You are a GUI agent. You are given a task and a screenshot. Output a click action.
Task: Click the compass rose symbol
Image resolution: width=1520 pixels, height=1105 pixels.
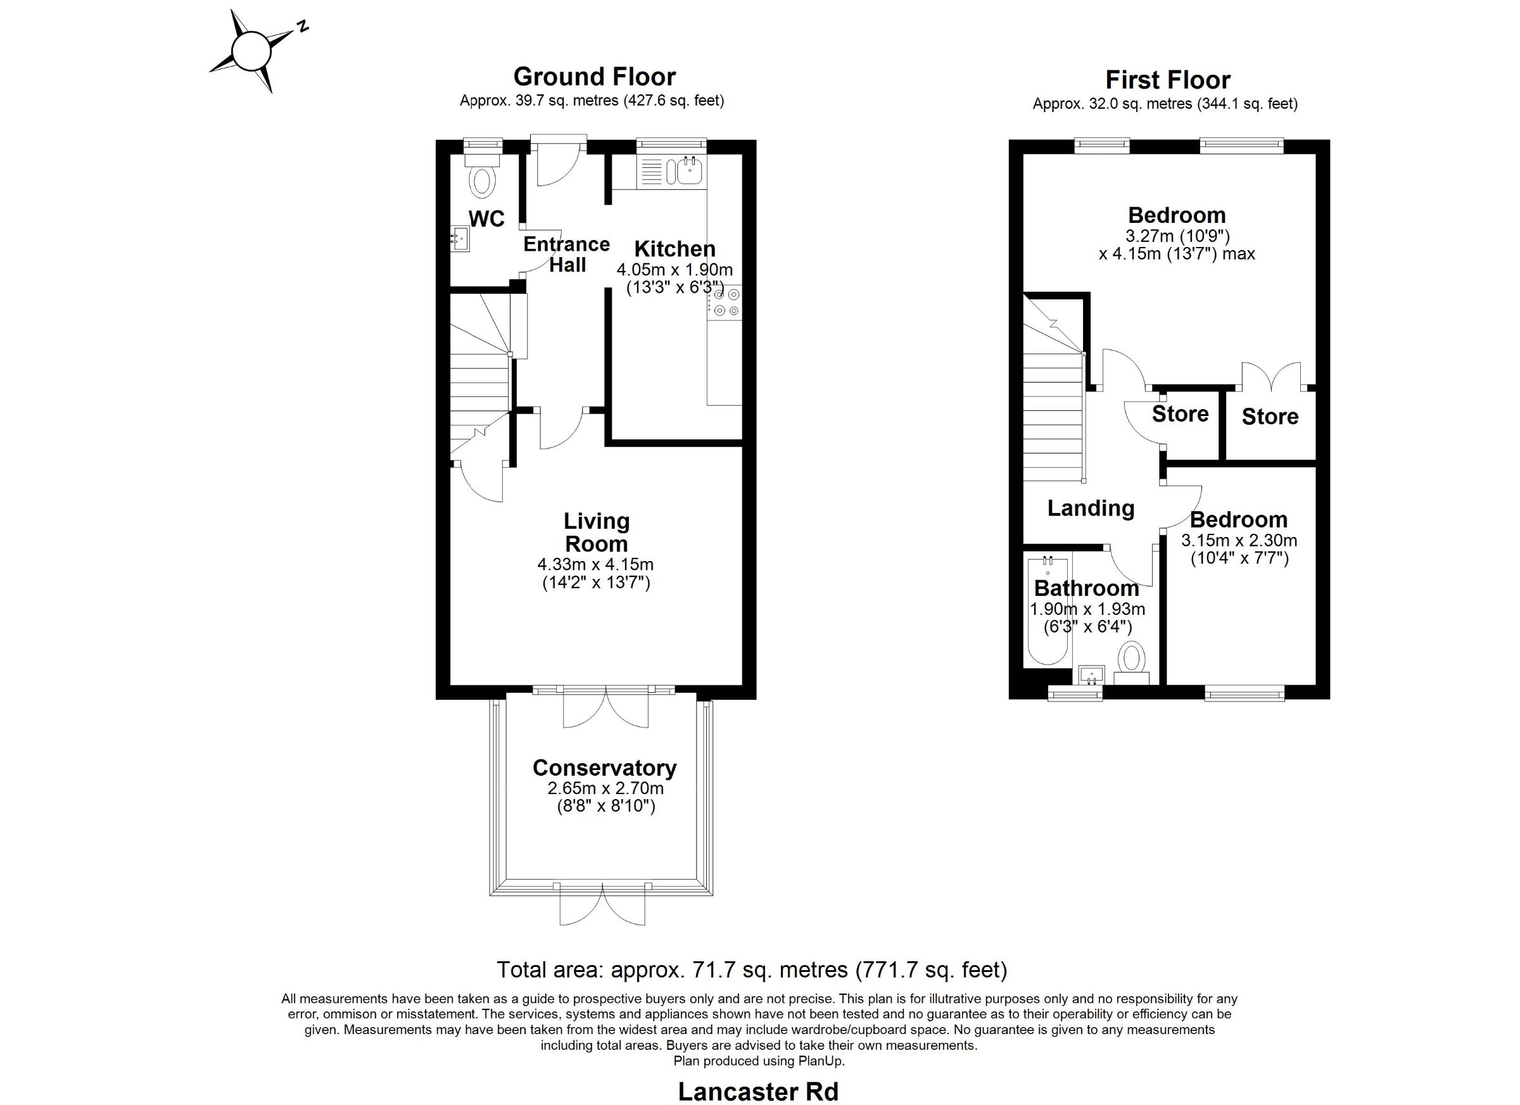pos(251,50)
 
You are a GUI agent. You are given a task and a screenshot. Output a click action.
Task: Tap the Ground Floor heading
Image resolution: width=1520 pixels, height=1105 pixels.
pos(595,77)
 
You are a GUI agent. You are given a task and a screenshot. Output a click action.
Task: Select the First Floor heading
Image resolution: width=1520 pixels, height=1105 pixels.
pos(1167,80)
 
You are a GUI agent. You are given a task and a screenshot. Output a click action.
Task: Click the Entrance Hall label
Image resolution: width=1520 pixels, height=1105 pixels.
pos(566,254)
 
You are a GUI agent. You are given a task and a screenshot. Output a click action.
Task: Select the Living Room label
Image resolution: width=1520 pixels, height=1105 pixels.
pos(597,532)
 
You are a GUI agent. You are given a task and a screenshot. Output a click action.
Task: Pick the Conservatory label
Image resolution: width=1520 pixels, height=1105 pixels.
pos(604,767)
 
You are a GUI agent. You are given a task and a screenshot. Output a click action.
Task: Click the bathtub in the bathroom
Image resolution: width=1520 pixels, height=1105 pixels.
pos(1048,610)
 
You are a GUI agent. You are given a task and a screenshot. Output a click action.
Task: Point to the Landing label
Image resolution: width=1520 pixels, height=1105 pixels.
pos(1091,508)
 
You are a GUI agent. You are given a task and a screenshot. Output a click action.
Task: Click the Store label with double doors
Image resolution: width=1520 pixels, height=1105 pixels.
pos(1270,417)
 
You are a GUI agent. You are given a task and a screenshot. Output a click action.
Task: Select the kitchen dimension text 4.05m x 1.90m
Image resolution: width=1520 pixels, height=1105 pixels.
pos(675,270)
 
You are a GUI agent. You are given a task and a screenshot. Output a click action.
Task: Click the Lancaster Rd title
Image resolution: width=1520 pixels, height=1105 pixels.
pos(759,1092)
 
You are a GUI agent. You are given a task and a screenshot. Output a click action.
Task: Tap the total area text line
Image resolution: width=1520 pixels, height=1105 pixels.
pos(751,969)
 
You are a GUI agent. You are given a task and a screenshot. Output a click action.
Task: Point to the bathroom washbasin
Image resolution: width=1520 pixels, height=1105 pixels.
pos(1092,675)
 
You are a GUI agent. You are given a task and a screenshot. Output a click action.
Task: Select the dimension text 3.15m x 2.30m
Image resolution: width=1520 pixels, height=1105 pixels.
pos(1239,540)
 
